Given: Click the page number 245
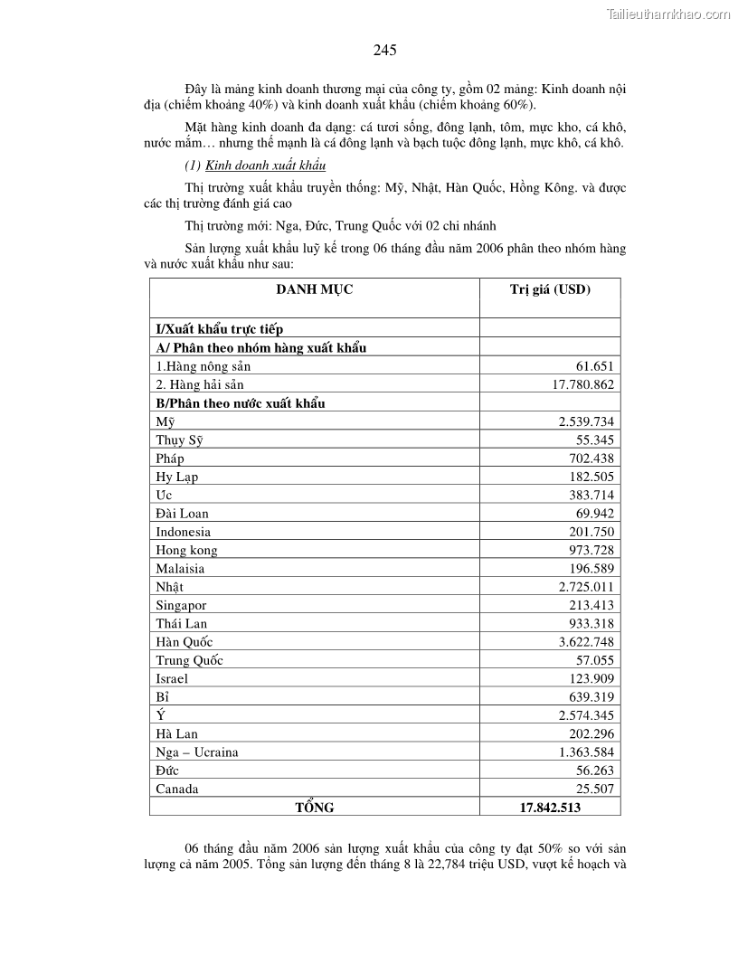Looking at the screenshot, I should (x=384, y=51).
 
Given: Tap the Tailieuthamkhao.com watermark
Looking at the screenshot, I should (x=668, y=14).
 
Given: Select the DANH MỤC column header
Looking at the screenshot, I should (x=314, y=289).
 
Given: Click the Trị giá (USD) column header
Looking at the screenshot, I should (x=549, y=289).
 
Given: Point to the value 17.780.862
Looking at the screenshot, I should (x=578, y=385).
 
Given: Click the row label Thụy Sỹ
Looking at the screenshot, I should (x=179, y=440).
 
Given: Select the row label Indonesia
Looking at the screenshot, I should (x=183, y=532).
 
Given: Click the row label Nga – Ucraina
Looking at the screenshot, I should (x=197, y=752).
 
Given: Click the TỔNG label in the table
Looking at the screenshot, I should (x=314, y=808).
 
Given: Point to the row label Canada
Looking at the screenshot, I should (x=177, y=789).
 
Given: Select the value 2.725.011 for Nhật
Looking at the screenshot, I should (x=581, y=587).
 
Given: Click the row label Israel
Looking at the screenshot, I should (x=172, y=678).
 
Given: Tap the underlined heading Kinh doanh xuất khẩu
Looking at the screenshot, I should (x=266, y=165).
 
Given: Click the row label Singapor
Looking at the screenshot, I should (x=181, y=605).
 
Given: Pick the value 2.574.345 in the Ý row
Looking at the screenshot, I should (x=581, y=715).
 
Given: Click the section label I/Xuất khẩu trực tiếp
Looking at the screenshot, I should (x=219, y=329).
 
